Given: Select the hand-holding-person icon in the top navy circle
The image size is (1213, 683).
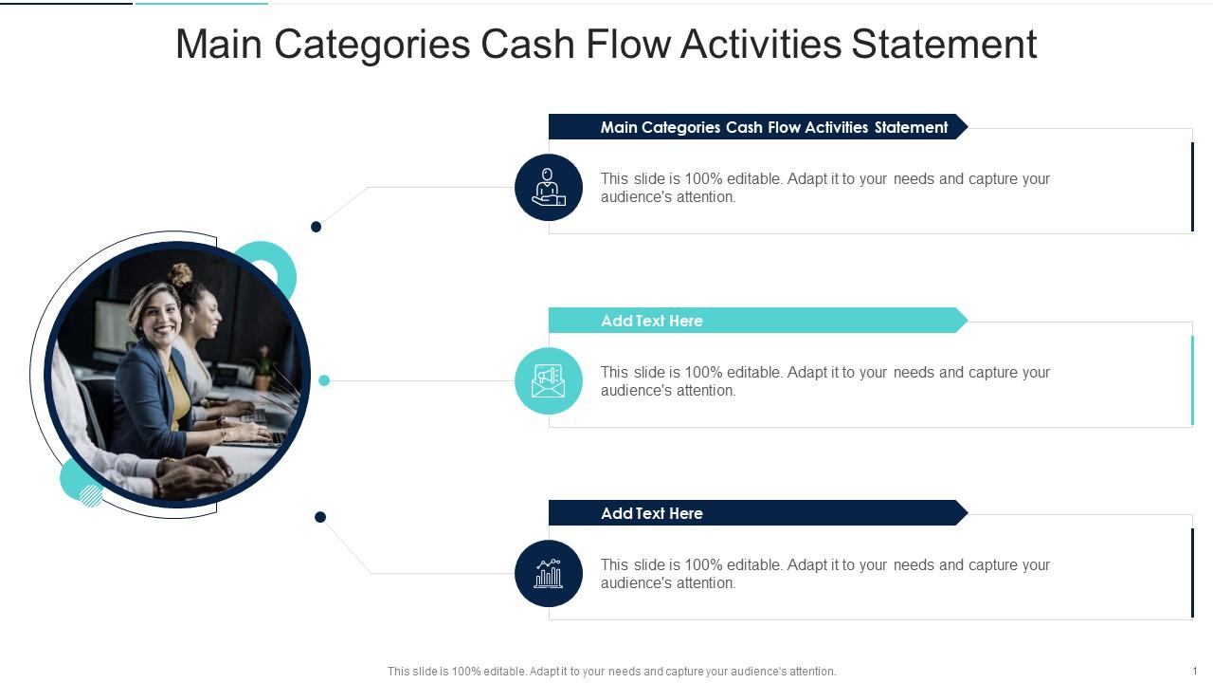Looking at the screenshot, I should click(548, 187).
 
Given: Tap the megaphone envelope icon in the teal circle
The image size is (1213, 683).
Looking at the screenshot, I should click(548, 380).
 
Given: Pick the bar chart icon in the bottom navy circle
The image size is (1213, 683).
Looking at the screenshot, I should click(548, 573).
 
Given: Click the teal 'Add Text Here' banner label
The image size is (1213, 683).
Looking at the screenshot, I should click(652, 321).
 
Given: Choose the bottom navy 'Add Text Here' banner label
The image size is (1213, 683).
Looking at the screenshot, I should click(652, 513).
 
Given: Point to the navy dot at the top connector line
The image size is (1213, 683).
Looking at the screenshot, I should click(317, 227).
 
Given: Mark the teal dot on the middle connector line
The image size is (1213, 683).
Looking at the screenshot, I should click(324, 380).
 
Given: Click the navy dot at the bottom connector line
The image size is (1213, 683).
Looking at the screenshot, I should click(320, 517).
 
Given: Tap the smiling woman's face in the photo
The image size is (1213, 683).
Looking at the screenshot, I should click(157, 314).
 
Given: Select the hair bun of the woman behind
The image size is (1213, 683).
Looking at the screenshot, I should click(179, 274).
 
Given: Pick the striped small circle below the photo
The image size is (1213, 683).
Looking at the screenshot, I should click(91, 495).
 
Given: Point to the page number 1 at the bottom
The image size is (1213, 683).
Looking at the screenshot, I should click(1195, 671).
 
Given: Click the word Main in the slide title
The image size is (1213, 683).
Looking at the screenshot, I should click(219, 45).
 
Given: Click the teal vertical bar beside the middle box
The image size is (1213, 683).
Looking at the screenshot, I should click(1192, 380).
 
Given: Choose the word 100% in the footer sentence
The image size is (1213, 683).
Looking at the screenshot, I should click(466, 672).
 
